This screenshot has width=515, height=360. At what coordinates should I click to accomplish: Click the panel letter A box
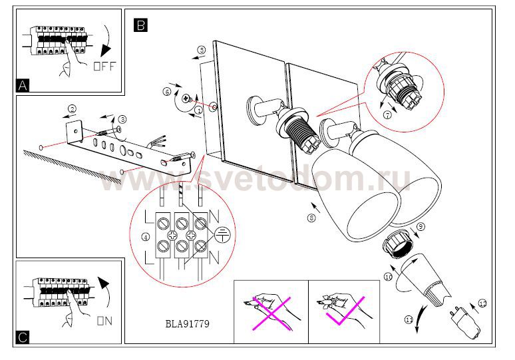click(23, 85)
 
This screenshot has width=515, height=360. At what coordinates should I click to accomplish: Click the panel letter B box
click(140, 25)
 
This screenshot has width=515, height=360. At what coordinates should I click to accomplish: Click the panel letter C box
click(23, 337)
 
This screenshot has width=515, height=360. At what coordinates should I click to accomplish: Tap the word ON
click(104, 321)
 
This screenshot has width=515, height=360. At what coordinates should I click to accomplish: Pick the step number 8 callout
click(312, 217)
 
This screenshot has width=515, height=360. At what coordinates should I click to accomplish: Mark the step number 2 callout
click(73, 108)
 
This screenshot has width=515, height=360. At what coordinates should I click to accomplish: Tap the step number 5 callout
click(202, 50)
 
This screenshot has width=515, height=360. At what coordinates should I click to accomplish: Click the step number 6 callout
click(167, 93)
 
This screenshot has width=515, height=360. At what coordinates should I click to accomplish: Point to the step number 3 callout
click(122, 118)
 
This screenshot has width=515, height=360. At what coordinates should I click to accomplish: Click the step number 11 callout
click(409, 321)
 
